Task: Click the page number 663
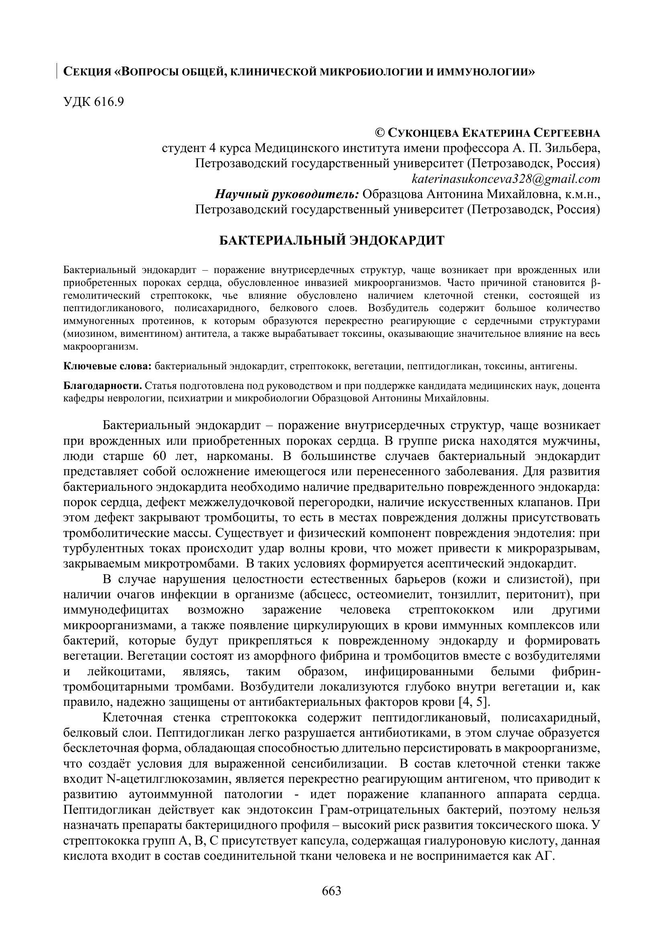tap(332, 890)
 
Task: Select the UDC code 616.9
tap(109, 102)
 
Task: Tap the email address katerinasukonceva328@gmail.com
tap(506, 179)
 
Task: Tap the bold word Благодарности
tap(103, 386)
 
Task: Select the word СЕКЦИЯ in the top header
tap(87, 72)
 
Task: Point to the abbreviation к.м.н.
tap(582, 194)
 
